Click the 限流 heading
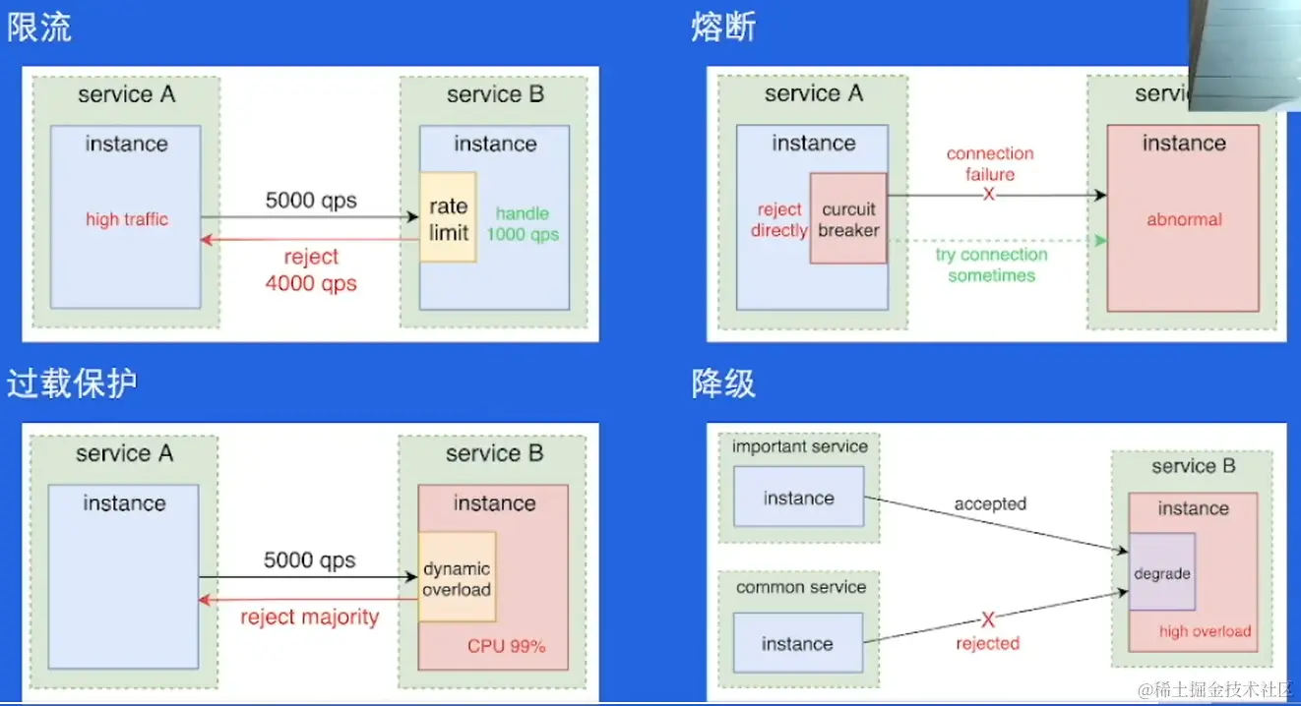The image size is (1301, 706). tap(39, 27)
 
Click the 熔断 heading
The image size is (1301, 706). tap(723, 27)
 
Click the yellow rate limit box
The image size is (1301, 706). tap(449, 217)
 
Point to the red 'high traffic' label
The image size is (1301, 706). tap(127, 219)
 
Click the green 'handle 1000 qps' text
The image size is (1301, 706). tap(523, 224)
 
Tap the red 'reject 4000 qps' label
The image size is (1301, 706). tap(311, 270)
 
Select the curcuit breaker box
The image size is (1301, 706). tap(848, 218)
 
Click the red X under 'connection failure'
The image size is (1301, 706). tap(988, 195)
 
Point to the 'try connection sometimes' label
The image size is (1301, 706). tap(991, 265)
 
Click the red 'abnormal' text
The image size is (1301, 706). tap(1184, 219)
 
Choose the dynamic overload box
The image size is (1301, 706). tap(457, 577)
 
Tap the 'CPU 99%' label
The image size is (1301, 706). tap(507, 646)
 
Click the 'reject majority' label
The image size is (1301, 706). tap(310, 617)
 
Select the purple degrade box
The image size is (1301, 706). tap(1162, 572)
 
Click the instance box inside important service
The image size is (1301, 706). tap(798, 497)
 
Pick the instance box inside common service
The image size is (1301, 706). tap(798, 643)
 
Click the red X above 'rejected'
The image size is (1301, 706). tap(988, 620)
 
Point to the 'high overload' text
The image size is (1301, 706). tap(1206, 631)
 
